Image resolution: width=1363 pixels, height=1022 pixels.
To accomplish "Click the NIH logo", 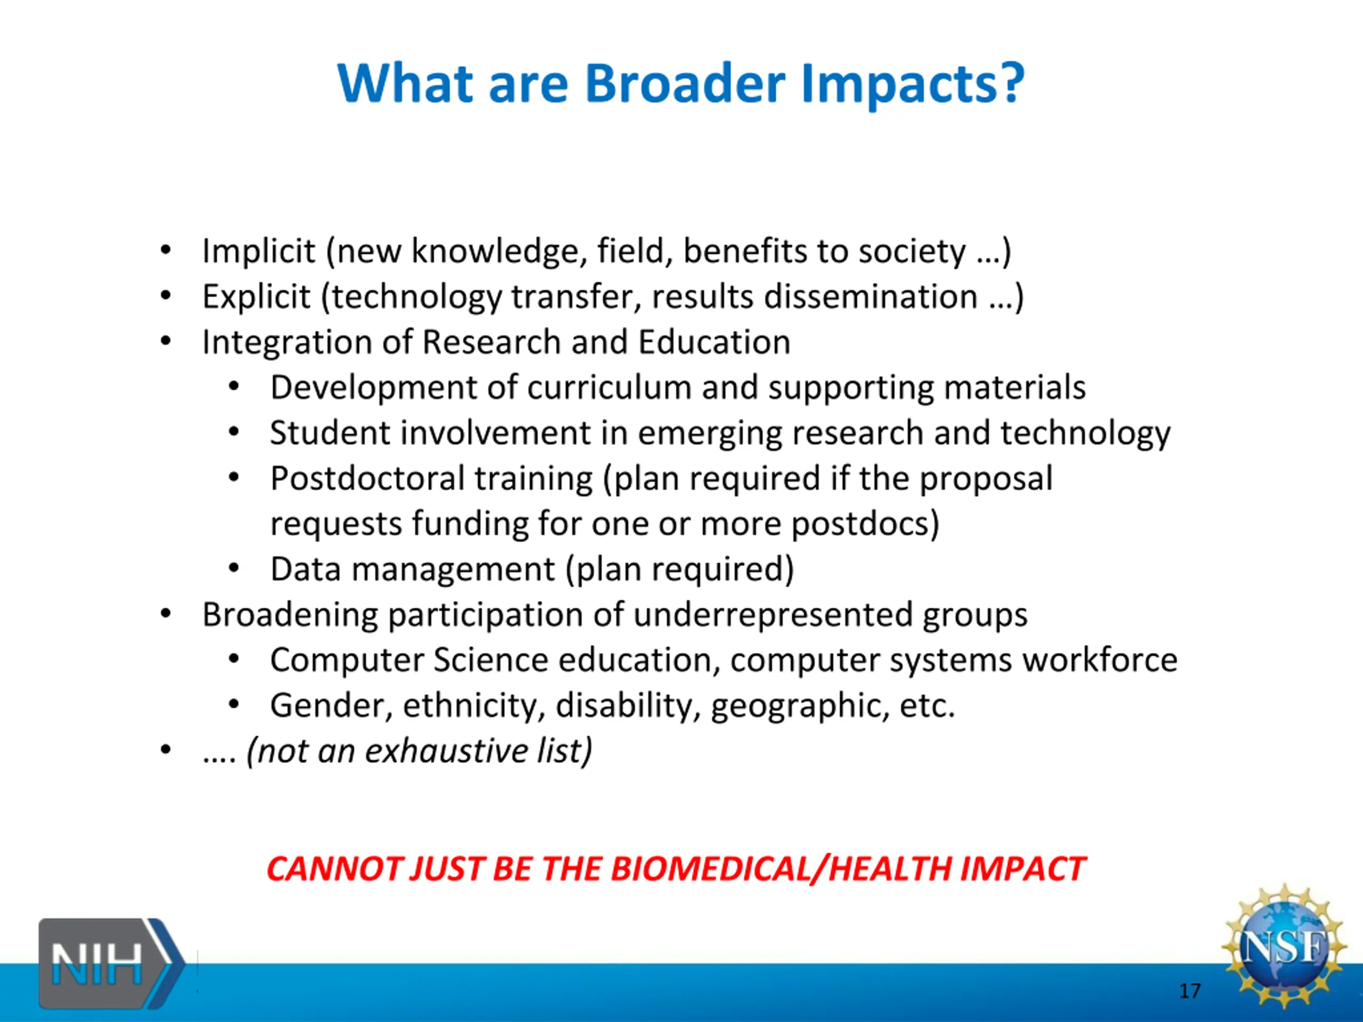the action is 111,963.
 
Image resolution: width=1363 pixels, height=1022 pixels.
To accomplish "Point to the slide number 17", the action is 1190,991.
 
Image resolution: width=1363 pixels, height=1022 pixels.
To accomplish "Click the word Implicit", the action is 259,251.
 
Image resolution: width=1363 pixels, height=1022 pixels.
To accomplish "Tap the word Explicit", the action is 256,297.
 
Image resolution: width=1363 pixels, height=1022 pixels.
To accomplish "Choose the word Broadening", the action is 290,615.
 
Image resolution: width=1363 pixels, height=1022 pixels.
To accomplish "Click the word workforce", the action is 1100,660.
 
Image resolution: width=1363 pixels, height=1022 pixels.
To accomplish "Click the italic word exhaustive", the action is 446,751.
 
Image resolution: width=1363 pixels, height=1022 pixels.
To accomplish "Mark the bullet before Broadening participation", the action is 165,614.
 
